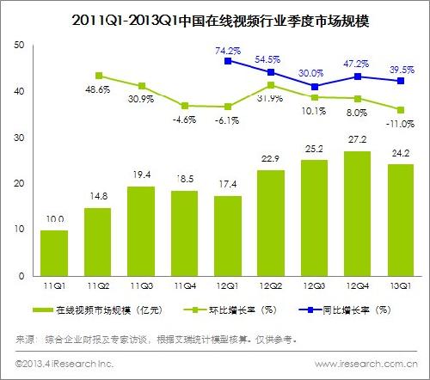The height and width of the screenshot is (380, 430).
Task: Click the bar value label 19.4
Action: click(141, 177)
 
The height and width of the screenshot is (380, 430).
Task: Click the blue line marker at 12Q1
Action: click(227, 61)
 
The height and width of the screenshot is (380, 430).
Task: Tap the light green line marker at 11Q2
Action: click(98, 76)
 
